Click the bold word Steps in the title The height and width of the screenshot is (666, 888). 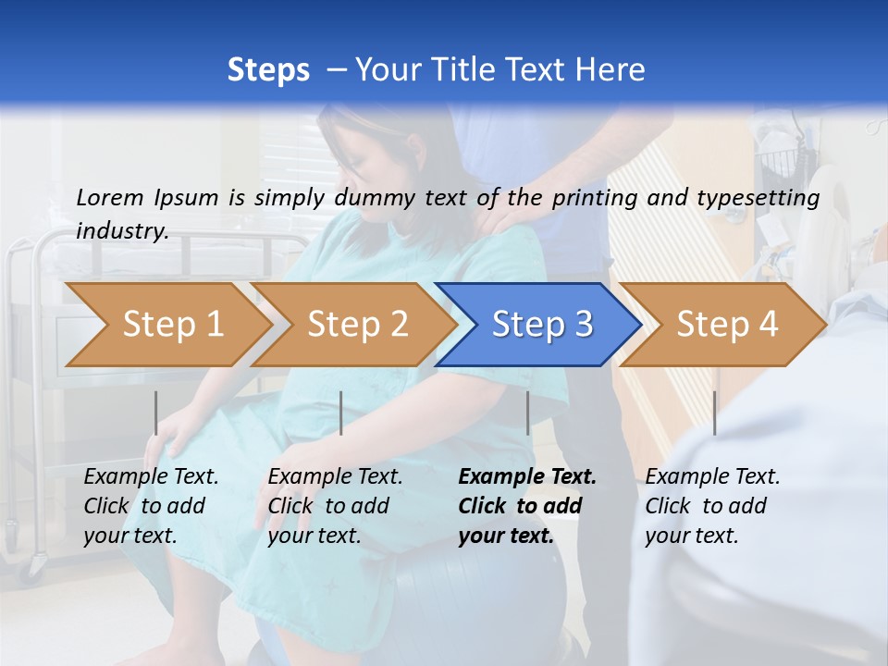(268, 70)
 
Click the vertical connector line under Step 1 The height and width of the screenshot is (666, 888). (156, 413)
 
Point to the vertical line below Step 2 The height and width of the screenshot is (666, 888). (341, 413)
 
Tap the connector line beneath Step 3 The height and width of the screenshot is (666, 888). (528, 413)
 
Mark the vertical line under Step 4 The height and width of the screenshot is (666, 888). (715, 413)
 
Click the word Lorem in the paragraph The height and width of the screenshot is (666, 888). (109, 198)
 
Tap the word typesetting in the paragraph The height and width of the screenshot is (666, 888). (766, 198)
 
